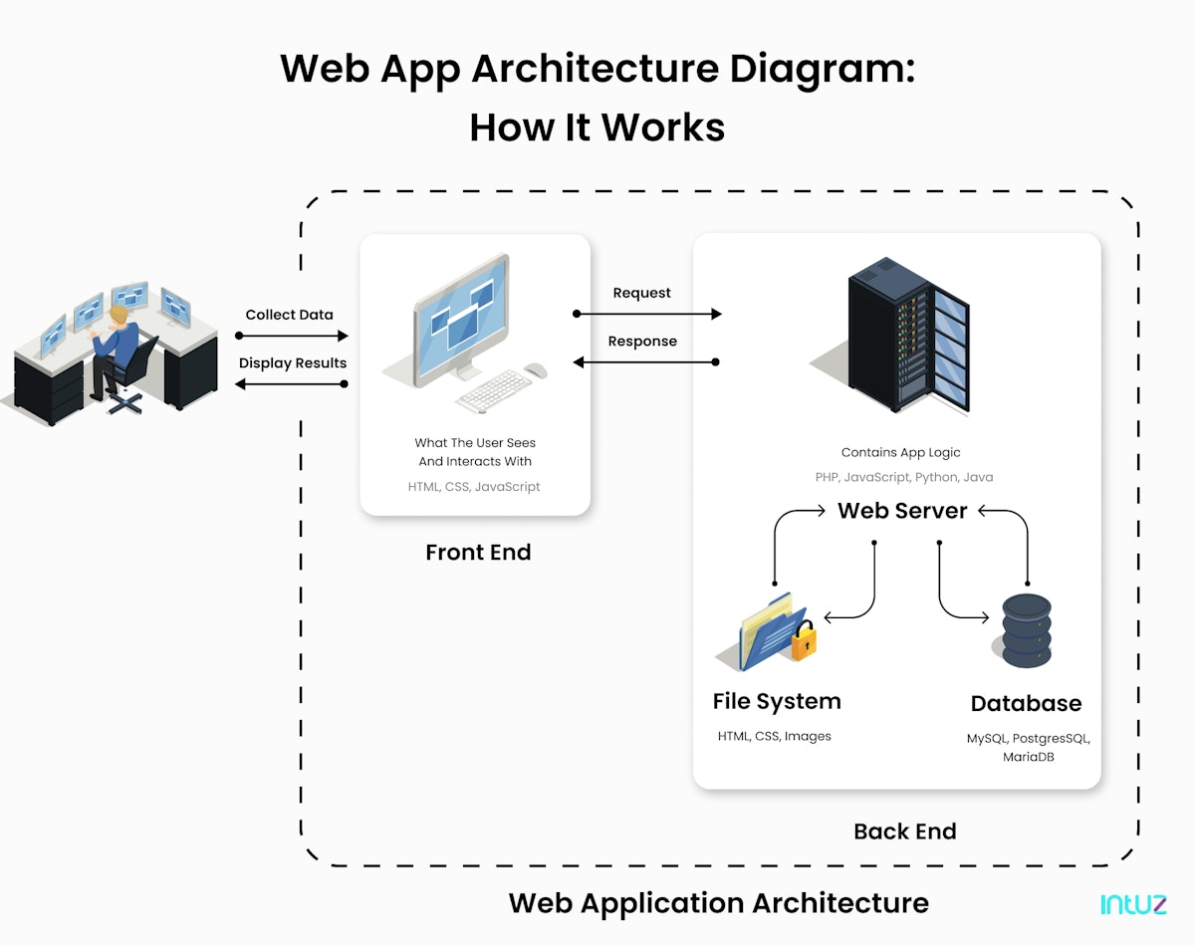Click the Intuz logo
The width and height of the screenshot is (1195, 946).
pyautogui.click(x=1133, y=904)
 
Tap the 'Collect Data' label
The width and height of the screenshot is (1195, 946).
pyautogui.click(x=290, y=315)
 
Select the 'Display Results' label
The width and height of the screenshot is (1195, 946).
pyautogui.click(x=293, y=362)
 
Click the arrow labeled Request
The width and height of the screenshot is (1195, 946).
pyautogui.click(x=647, y=314)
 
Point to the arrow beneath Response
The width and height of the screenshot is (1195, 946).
pyautogui.click(x=647, y=362)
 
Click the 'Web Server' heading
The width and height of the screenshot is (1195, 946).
pyautogui.click(x=902, y=511)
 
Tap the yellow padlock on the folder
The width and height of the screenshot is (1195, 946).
pyautogui.click(x=804, y=642)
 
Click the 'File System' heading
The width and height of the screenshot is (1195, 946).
pyautogui.click(x=777, y=701)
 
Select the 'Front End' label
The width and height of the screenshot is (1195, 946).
pyautogui.click(x=478, y=552)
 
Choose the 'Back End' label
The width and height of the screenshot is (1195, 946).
pyautogui.click(x=904, y=831)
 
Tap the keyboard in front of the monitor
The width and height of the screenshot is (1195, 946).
pyautogui.click(x=495, y=391)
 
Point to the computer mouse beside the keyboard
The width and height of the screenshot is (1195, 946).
pyautogui.click(x=536, y=370)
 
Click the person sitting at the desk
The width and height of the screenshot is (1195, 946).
pyautogui.click(x=117, y=349)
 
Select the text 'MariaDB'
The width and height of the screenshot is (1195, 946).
pyautogui.click(x=1028, y=758)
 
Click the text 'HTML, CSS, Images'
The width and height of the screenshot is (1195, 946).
pyautogui.click(x=774, y=737)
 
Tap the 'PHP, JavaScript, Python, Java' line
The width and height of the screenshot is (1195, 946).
pyautogui.click(x=903, y=478)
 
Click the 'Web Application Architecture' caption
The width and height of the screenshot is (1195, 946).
pyautogui.click(x=718, y=903)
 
